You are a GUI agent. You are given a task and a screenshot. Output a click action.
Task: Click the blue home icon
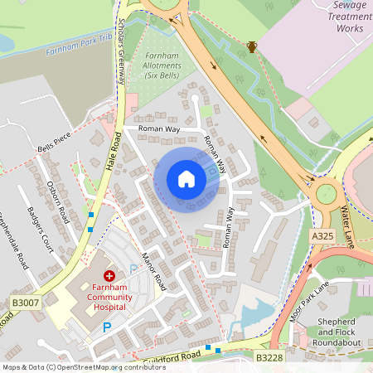coord(186,179)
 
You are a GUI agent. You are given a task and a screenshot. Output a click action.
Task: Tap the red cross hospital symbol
coord(109,276)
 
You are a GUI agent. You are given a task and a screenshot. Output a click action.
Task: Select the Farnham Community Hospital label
coord(99,298)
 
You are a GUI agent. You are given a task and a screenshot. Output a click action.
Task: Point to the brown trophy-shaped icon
coord(252,47)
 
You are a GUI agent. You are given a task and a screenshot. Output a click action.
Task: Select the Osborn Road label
coord(57,200)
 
